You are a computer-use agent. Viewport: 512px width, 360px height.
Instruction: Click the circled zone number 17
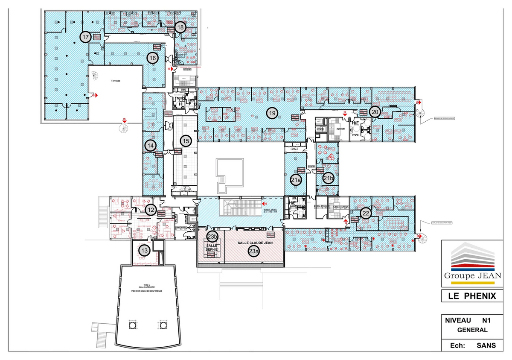(x=86, y=38)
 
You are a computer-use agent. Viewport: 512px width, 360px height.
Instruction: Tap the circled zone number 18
(x=180, y=27)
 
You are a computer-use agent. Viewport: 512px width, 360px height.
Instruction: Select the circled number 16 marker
(x=153, y=58)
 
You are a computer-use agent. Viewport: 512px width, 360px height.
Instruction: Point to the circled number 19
(x=272, y=113)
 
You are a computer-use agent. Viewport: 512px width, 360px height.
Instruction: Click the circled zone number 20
(x=375, y=112)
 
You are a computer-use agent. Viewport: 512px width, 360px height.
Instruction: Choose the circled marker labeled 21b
(x=328, y=179)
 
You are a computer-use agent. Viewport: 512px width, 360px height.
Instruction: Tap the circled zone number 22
(x=366, y=213)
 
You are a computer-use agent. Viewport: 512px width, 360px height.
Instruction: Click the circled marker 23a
(x=254, y=252)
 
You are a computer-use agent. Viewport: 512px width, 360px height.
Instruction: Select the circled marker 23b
(x=212, y=237)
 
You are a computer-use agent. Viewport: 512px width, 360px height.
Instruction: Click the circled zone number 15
(x=185, y=140)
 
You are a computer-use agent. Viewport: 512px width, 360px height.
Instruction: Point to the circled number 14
(x=150, y=146)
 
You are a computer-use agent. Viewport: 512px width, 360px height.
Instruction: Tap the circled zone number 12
(x=150, y=210)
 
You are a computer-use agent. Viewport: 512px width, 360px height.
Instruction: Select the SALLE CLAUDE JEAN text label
(x=255, y=243)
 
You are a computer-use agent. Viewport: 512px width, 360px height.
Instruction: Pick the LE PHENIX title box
(x=472, y=296)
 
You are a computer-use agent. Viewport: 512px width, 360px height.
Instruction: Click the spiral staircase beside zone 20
(x=421, y=114)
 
